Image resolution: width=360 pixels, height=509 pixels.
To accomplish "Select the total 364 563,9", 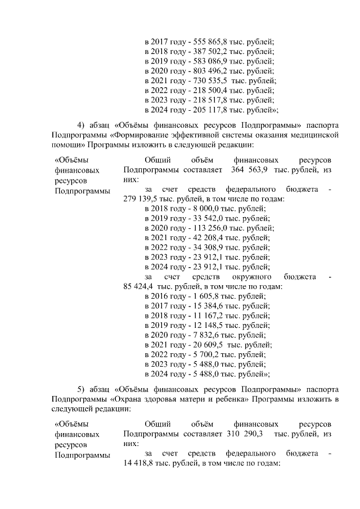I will point(247,169).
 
